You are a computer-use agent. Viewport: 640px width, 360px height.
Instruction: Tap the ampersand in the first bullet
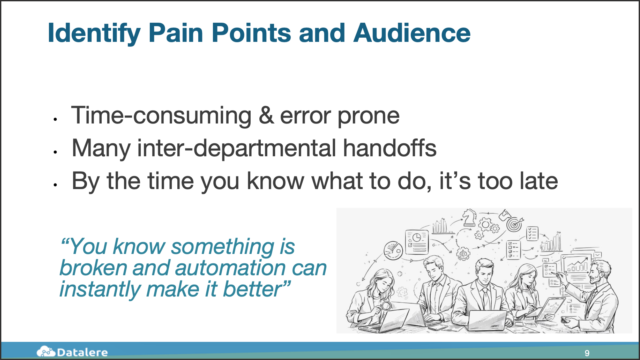coord(266,115)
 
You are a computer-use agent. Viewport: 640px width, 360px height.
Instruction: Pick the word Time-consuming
coord(161,116)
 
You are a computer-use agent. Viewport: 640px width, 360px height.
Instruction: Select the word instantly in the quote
coord(100,289)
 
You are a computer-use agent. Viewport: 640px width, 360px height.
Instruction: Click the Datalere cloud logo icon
coord(46,351)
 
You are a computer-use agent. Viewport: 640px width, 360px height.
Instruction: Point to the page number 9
coord(587,353)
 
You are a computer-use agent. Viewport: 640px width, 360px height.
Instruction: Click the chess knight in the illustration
coord(469,217)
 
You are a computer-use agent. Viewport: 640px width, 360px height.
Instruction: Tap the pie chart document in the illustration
coord(417,241)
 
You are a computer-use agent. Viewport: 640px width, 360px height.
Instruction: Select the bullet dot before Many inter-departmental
coord(55,152)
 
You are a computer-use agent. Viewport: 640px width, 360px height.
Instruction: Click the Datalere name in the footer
coord(82,352)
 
